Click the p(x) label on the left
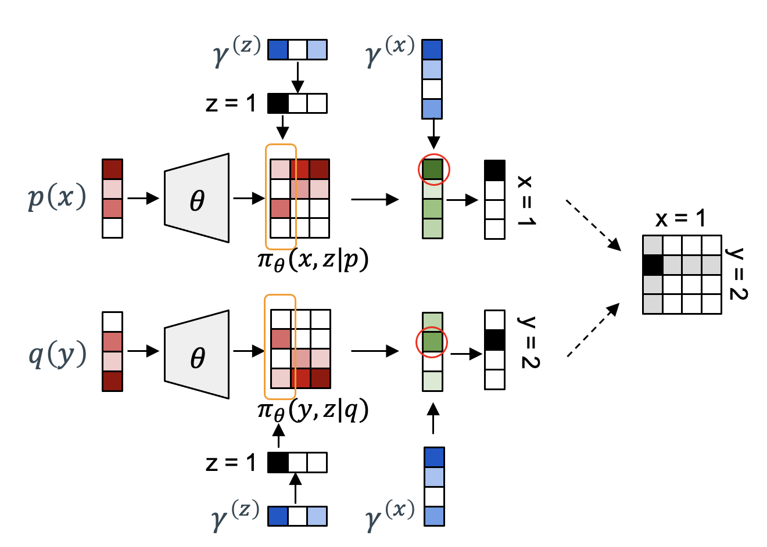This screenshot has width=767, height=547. point(57,197)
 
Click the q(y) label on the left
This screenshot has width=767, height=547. point(58,355)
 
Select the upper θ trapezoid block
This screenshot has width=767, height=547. point(197,198)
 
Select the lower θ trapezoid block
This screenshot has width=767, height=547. point(197,354)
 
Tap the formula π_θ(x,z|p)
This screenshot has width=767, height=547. point(313,260)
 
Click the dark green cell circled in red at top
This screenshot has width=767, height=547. point(432,170)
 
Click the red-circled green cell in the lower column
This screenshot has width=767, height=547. point(432,342)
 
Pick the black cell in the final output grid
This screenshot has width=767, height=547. point(653,265)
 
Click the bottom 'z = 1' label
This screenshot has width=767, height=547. point(231,463)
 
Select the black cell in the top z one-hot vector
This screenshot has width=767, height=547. point(278,103)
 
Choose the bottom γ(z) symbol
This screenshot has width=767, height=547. point(236,516)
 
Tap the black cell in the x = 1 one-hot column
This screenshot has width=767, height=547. point(494,170)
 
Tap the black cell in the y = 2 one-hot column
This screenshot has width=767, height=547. point(494,340)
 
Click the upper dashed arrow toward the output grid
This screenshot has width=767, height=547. point(593,225)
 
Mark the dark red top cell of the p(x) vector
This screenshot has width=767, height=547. point(112,170)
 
